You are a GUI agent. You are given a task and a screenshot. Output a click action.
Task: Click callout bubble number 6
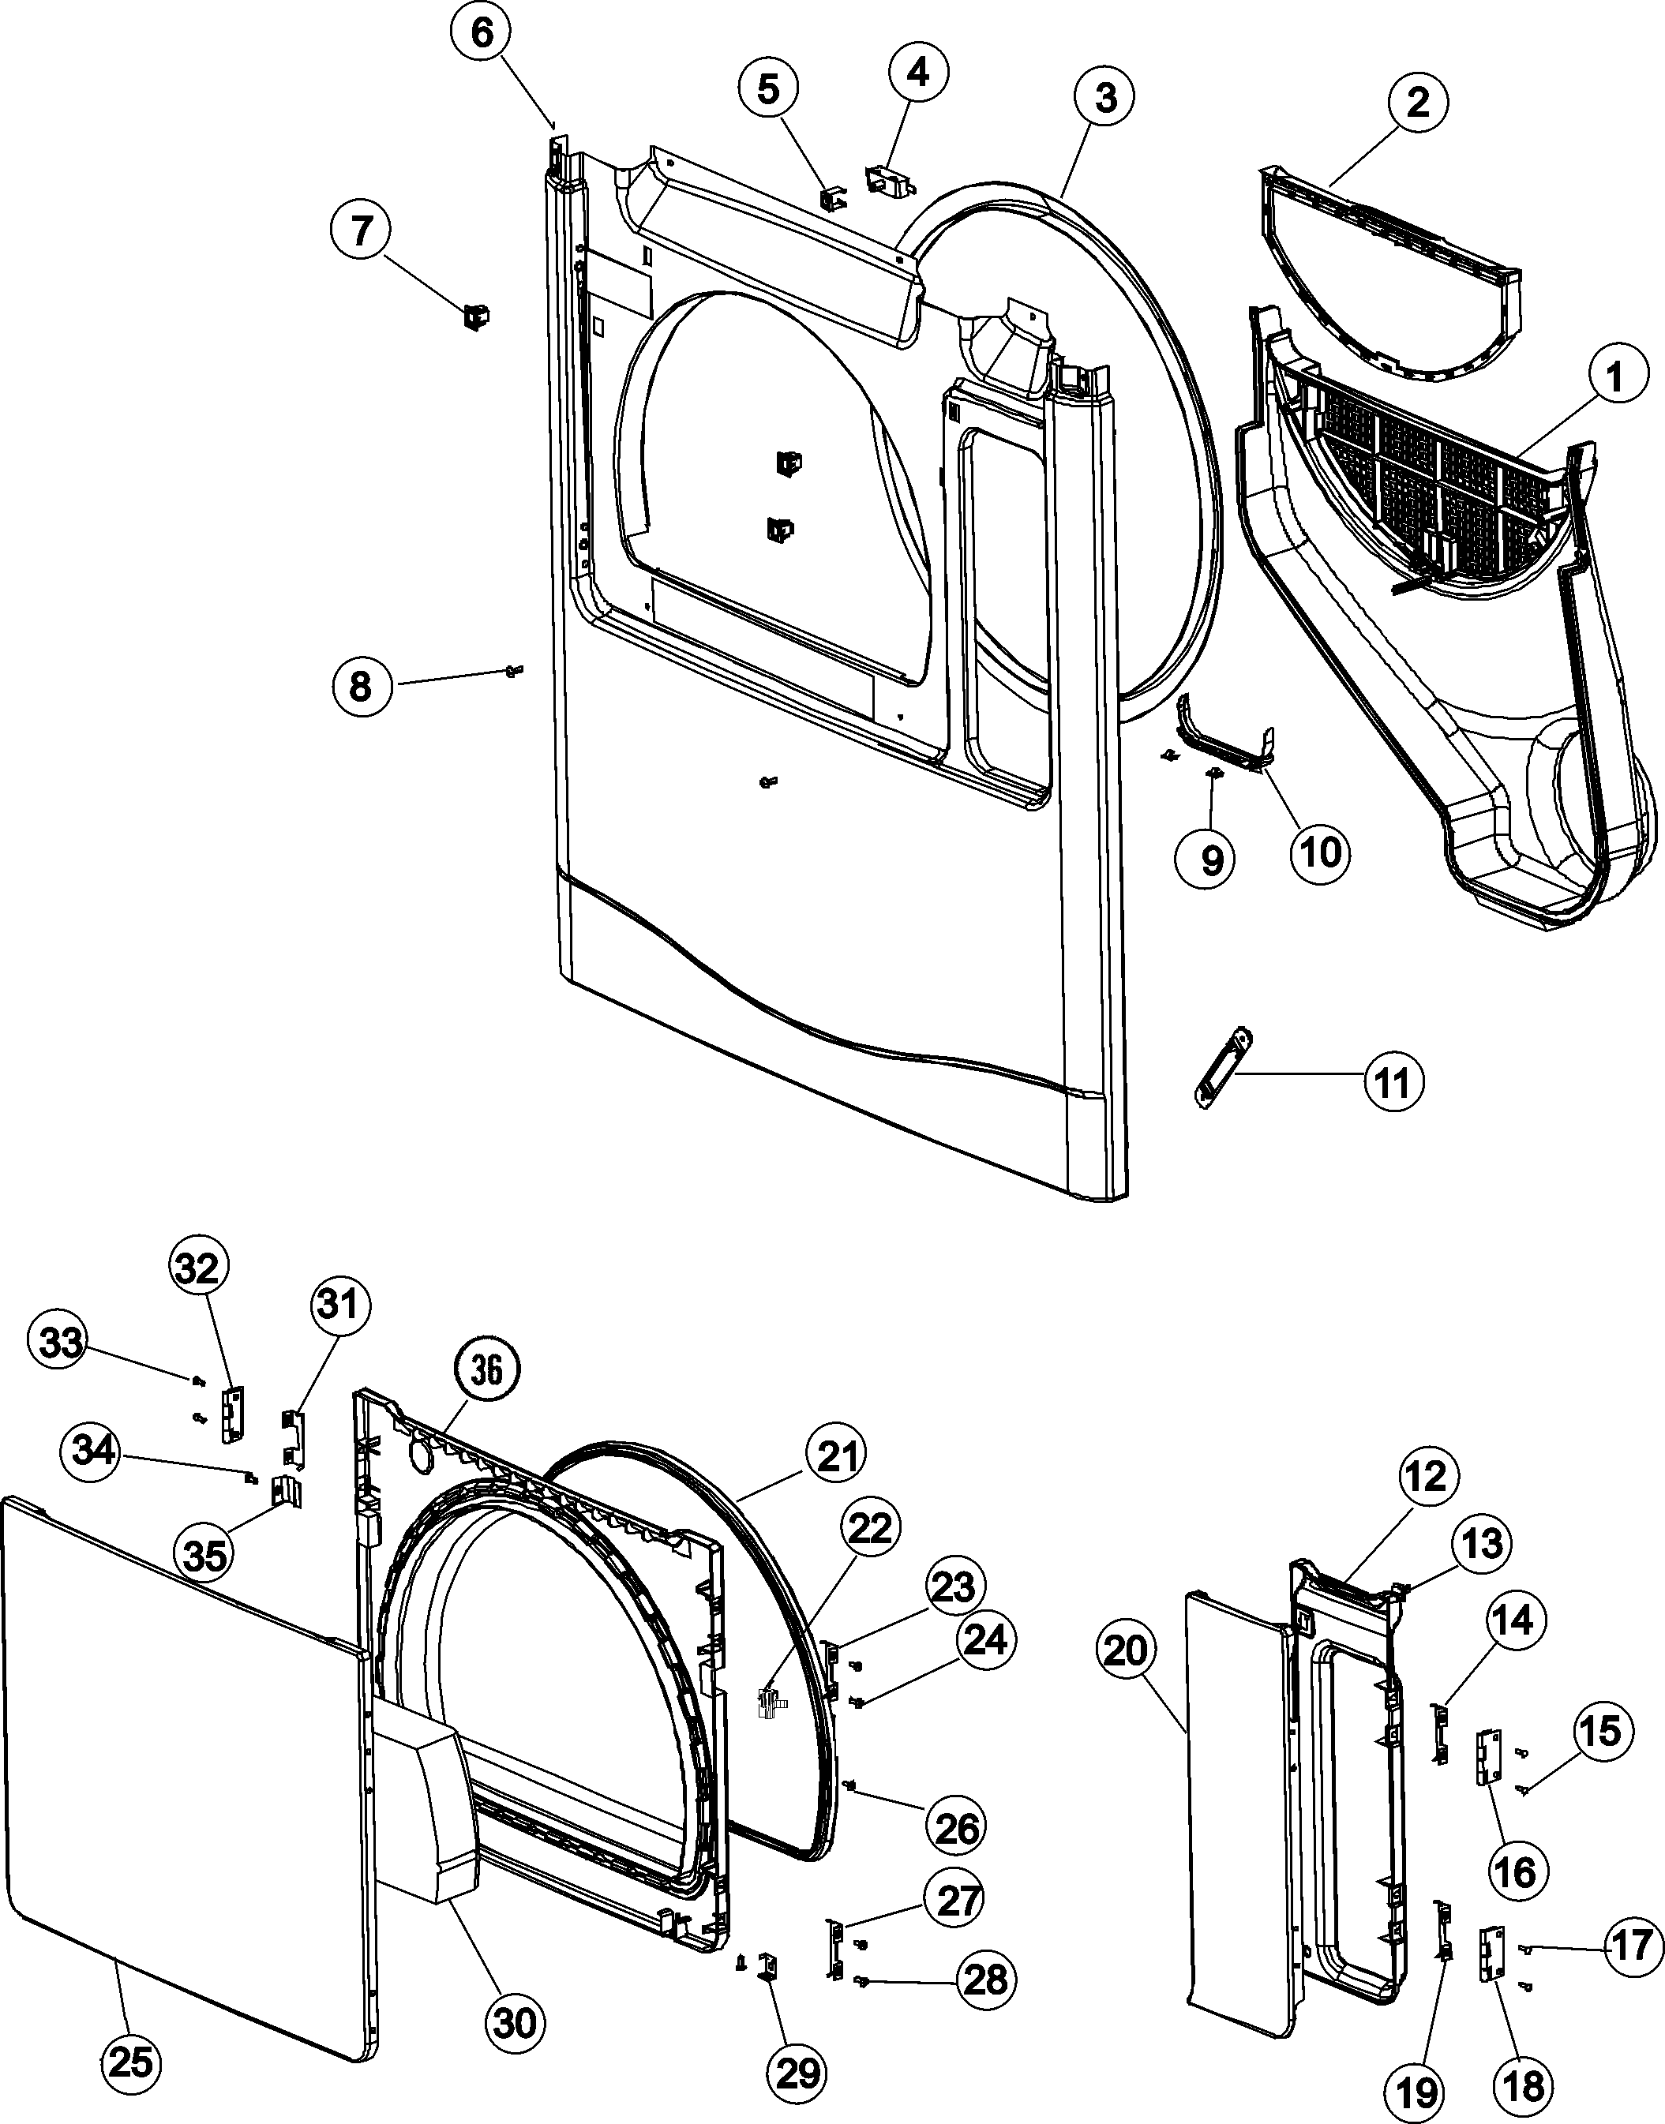tap(482, 34)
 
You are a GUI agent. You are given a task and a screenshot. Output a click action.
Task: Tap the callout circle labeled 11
tap(1392, 1082)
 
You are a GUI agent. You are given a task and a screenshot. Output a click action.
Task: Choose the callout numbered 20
tap(1128, 1651)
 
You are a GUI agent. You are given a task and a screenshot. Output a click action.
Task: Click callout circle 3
tap(1105, 97)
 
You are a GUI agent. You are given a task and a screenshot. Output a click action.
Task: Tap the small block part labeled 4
tap(889, 178)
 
